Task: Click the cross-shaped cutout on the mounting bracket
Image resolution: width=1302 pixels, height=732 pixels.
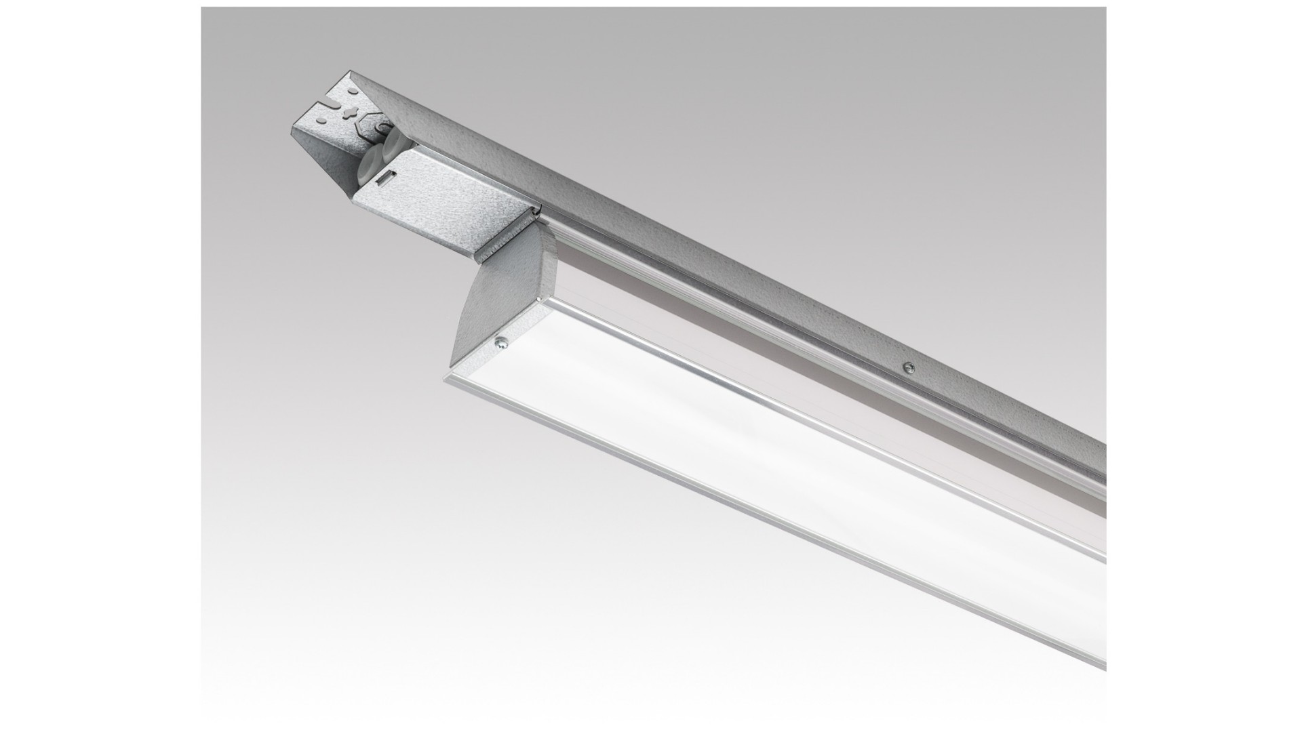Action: [351, 113]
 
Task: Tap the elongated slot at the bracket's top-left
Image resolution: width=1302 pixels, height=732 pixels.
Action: [332, 103]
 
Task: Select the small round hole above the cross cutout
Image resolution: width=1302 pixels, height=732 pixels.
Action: [353, 91]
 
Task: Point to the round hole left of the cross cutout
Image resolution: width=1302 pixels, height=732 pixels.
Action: [321, 120]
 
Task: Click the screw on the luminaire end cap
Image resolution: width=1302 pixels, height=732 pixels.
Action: [500, 344]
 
